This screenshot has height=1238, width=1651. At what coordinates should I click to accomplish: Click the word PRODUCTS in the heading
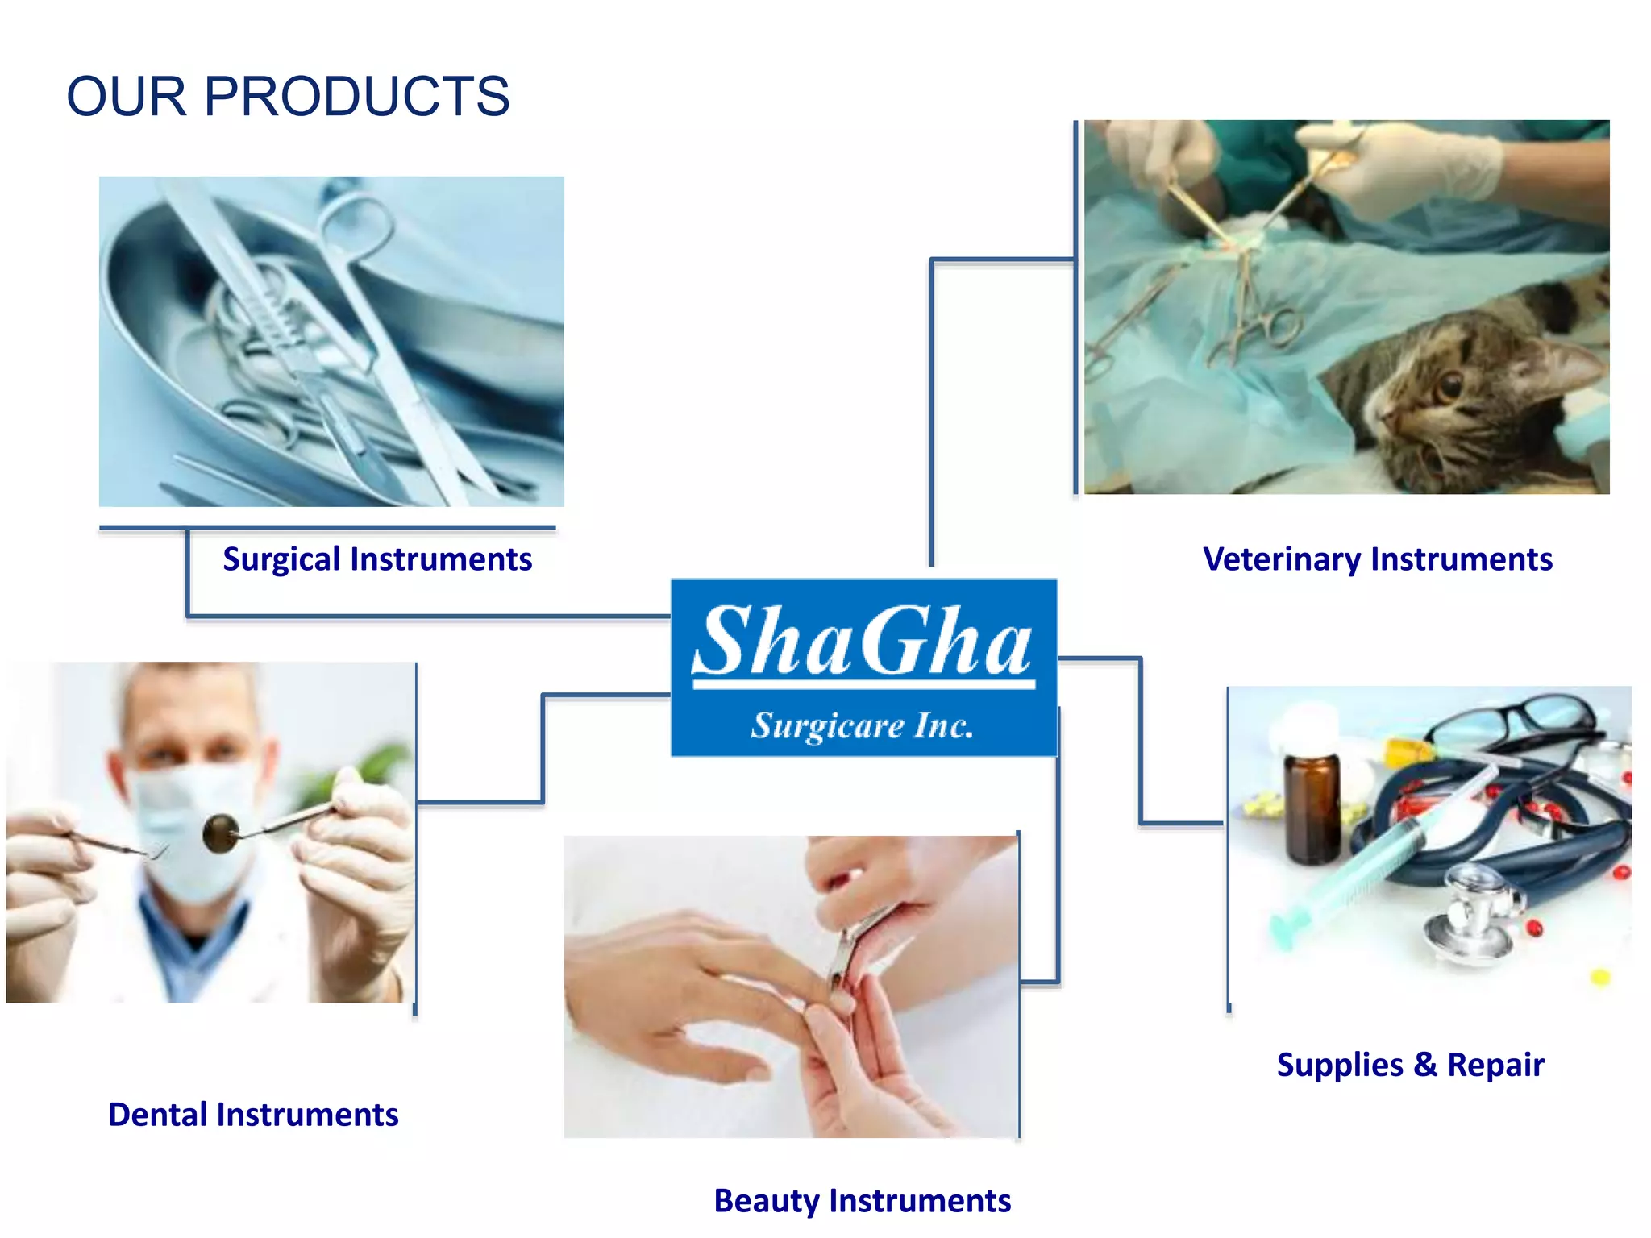pyautogui.click(x=356, y=97)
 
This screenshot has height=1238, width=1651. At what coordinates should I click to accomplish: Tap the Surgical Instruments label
pyautogui.click(x=377, y=559)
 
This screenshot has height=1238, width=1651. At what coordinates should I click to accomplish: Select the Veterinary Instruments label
pyautogui.click(x=1377, y=559)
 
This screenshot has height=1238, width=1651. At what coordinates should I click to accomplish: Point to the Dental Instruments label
pyautogui.click(x=253, y=1114)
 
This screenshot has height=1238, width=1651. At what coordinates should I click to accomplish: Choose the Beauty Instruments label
pyautogui.click(x=862, y=1200)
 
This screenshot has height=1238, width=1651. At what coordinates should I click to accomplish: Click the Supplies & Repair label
pyautogui.click(x=1410, y=1064)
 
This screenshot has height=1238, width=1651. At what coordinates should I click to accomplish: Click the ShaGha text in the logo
pyautogui.click(x=863, y=642)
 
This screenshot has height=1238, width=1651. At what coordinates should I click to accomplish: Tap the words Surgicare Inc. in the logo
pyautogui.click(x=863, y=725)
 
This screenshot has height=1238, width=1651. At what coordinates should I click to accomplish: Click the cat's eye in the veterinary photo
pyautogui.click(x=1450, y=384)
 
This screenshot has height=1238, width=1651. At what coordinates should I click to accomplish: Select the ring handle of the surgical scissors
pyautogui.click(x=355, y=222)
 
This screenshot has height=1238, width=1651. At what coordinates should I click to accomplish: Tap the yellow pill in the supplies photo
pyautogui.click(x=1600, y=978)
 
